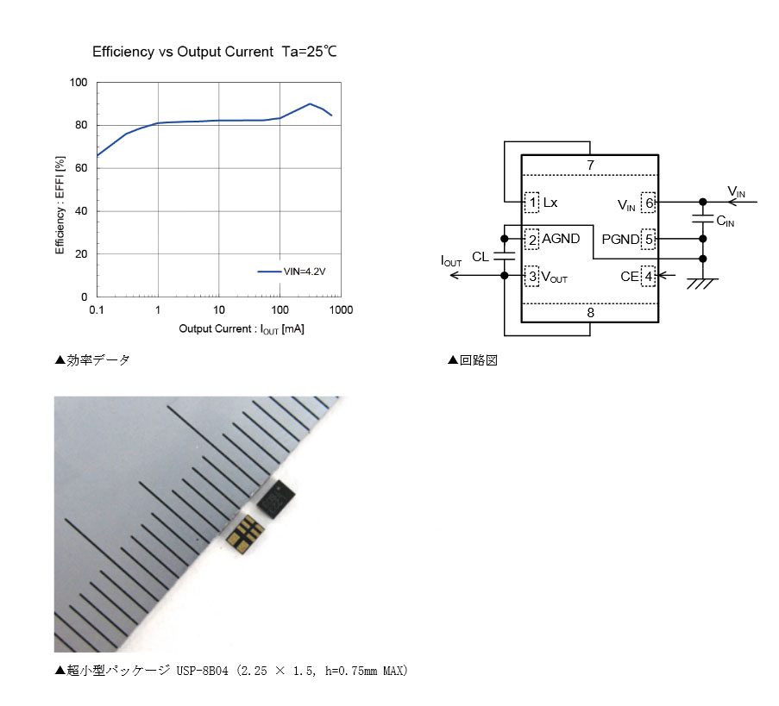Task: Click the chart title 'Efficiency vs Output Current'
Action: point(183,52)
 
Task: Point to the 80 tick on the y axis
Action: point(81,125)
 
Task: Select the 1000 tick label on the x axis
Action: point(341,310)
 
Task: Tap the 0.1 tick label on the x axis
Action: point(97,310)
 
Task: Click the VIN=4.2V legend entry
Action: point(292,272)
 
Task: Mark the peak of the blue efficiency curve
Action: point(310,103)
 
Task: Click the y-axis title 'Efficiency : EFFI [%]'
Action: point(60,205)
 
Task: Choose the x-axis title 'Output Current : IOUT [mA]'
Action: point(242,329)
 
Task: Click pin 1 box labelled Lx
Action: point(532,203)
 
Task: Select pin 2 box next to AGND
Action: point(532,240)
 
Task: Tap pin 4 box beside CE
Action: point(648,277)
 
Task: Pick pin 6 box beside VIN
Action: point(648,203)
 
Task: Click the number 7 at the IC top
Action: point(590,166)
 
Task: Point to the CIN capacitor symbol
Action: point(702,219)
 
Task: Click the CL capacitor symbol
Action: point(505,256)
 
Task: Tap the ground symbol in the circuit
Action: point(702,284)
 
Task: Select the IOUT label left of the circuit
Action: point(451,261)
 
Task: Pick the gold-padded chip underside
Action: point(245,534)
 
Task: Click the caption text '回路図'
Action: point(479,360)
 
